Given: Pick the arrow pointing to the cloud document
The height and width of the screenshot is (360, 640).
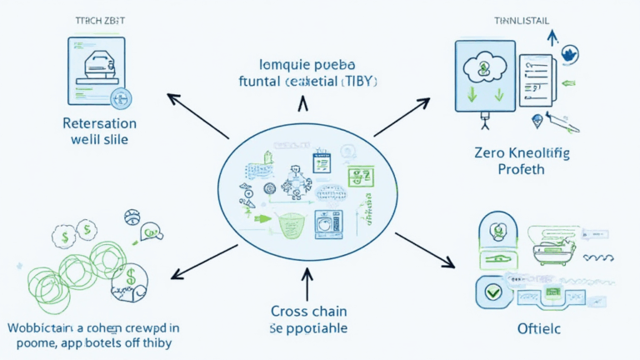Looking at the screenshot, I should [402, 117].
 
